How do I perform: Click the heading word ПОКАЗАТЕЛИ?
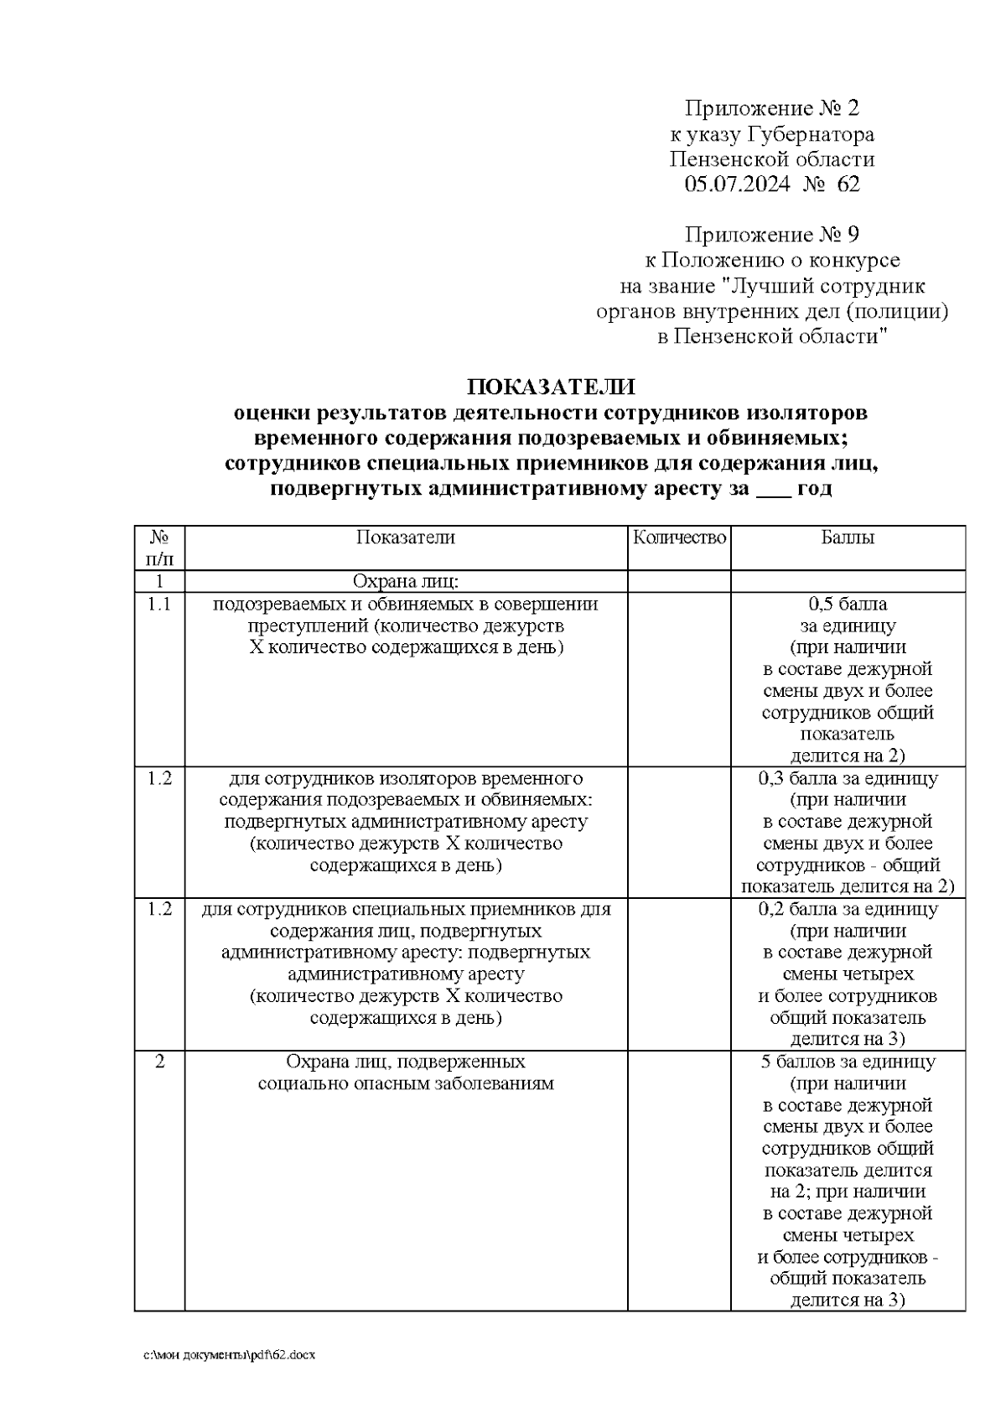[x=551, y=387]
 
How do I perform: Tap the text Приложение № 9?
[x=771, y=234]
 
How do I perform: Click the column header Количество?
[x=679, y=538]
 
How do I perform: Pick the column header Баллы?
[x=848, y=538]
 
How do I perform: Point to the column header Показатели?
[x=406, y=538]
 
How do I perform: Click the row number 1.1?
[x=159, y=604]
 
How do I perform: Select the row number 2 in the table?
[x=159, y=1062]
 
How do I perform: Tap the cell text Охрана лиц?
[x=406, y=581]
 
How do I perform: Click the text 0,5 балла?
[x=848, y=604]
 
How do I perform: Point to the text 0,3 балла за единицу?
[x=848, y=778]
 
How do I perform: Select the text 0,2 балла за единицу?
[x=848, y=909]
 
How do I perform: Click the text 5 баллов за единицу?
[x=848, y=1062]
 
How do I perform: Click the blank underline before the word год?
[x=773, y=491]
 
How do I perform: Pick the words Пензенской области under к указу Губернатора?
[x=771, y=159]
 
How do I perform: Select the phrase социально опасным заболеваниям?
[x=406, y=1083]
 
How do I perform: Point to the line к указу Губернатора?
[x=771, y=134]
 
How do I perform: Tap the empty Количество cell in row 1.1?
[x=679, y=679]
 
